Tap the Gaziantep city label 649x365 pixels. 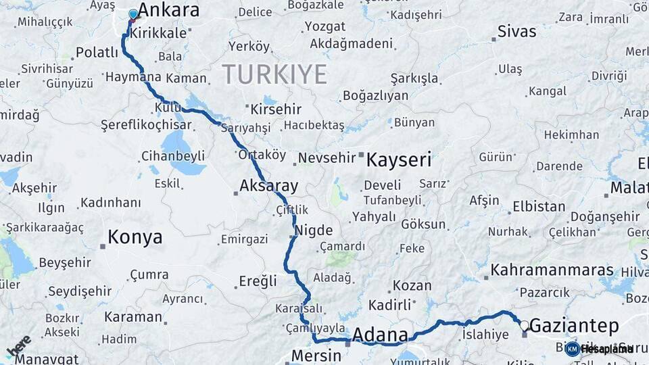click(573, 326)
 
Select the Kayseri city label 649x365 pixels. click(398, 160)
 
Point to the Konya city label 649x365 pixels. click(135, 237)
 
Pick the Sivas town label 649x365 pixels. click(516, 32)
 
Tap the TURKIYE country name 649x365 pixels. click(274, 74)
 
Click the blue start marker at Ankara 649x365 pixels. click(133, 14)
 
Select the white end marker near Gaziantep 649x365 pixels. click(524, 326)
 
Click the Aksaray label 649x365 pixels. click(268, 186)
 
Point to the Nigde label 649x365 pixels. click(312, 231)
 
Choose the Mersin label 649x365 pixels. click(316, 356)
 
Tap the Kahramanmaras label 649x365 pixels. click(552, 270)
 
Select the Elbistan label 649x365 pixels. click(539, 207)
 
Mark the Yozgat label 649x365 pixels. click(324, 26)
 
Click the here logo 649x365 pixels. click(19, 345)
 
